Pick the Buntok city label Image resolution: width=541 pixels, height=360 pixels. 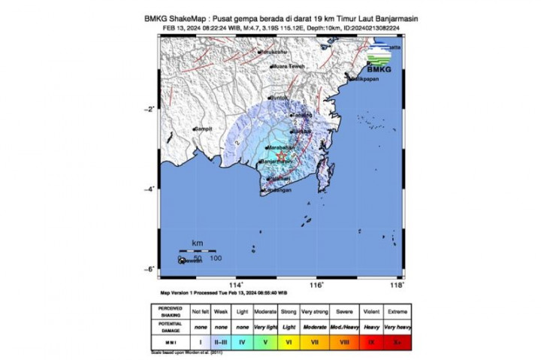click(x=280, y=98)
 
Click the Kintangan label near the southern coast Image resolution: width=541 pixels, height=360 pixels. click(x=279, y=190)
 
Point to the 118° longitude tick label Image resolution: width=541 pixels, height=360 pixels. click(x=398, y=285)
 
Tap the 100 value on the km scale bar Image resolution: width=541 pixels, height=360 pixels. click(x=216, y=259)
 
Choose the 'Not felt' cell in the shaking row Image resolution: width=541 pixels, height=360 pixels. click(x=201, y=310)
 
